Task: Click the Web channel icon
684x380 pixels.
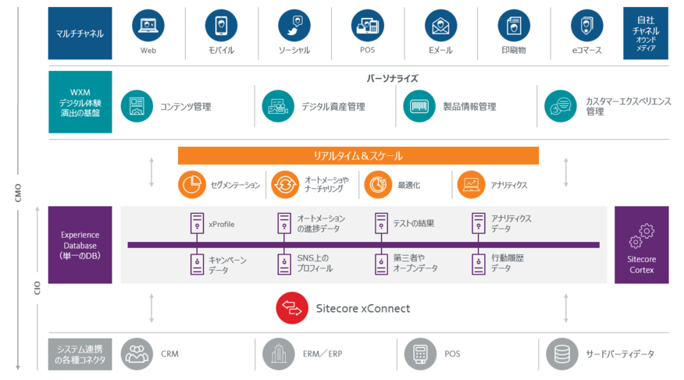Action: coord(148,25)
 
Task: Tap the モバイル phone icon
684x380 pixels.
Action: coord(221,25)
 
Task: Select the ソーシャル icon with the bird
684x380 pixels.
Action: coord(294,25)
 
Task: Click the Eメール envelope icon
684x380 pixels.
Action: coord(441,25)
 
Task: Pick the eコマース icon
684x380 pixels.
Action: coord(586,25)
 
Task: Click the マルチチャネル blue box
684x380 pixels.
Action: coord(80,34)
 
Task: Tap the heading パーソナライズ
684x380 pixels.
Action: coord(393,79)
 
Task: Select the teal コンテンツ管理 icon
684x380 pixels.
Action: coord(137,106)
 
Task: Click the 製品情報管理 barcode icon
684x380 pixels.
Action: coord(419,106)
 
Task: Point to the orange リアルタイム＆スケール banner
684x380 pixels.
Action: coord(358,156)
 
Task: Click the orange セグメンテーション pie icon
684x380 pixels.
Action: coord(191,185)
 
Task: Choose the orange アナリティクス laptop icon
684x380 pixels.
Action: coord(472,185)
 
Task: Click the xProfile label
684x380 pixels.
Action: coord(221,224)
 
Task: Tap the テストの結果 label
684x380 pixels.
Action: coord(415,224)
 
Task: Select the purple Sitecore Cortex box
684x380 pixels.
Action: coord(642,245)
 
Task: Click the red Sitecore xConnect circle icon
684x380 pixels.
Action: coord(291,308)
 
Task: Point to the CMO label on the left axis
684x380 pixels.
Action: coord(17,192)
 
